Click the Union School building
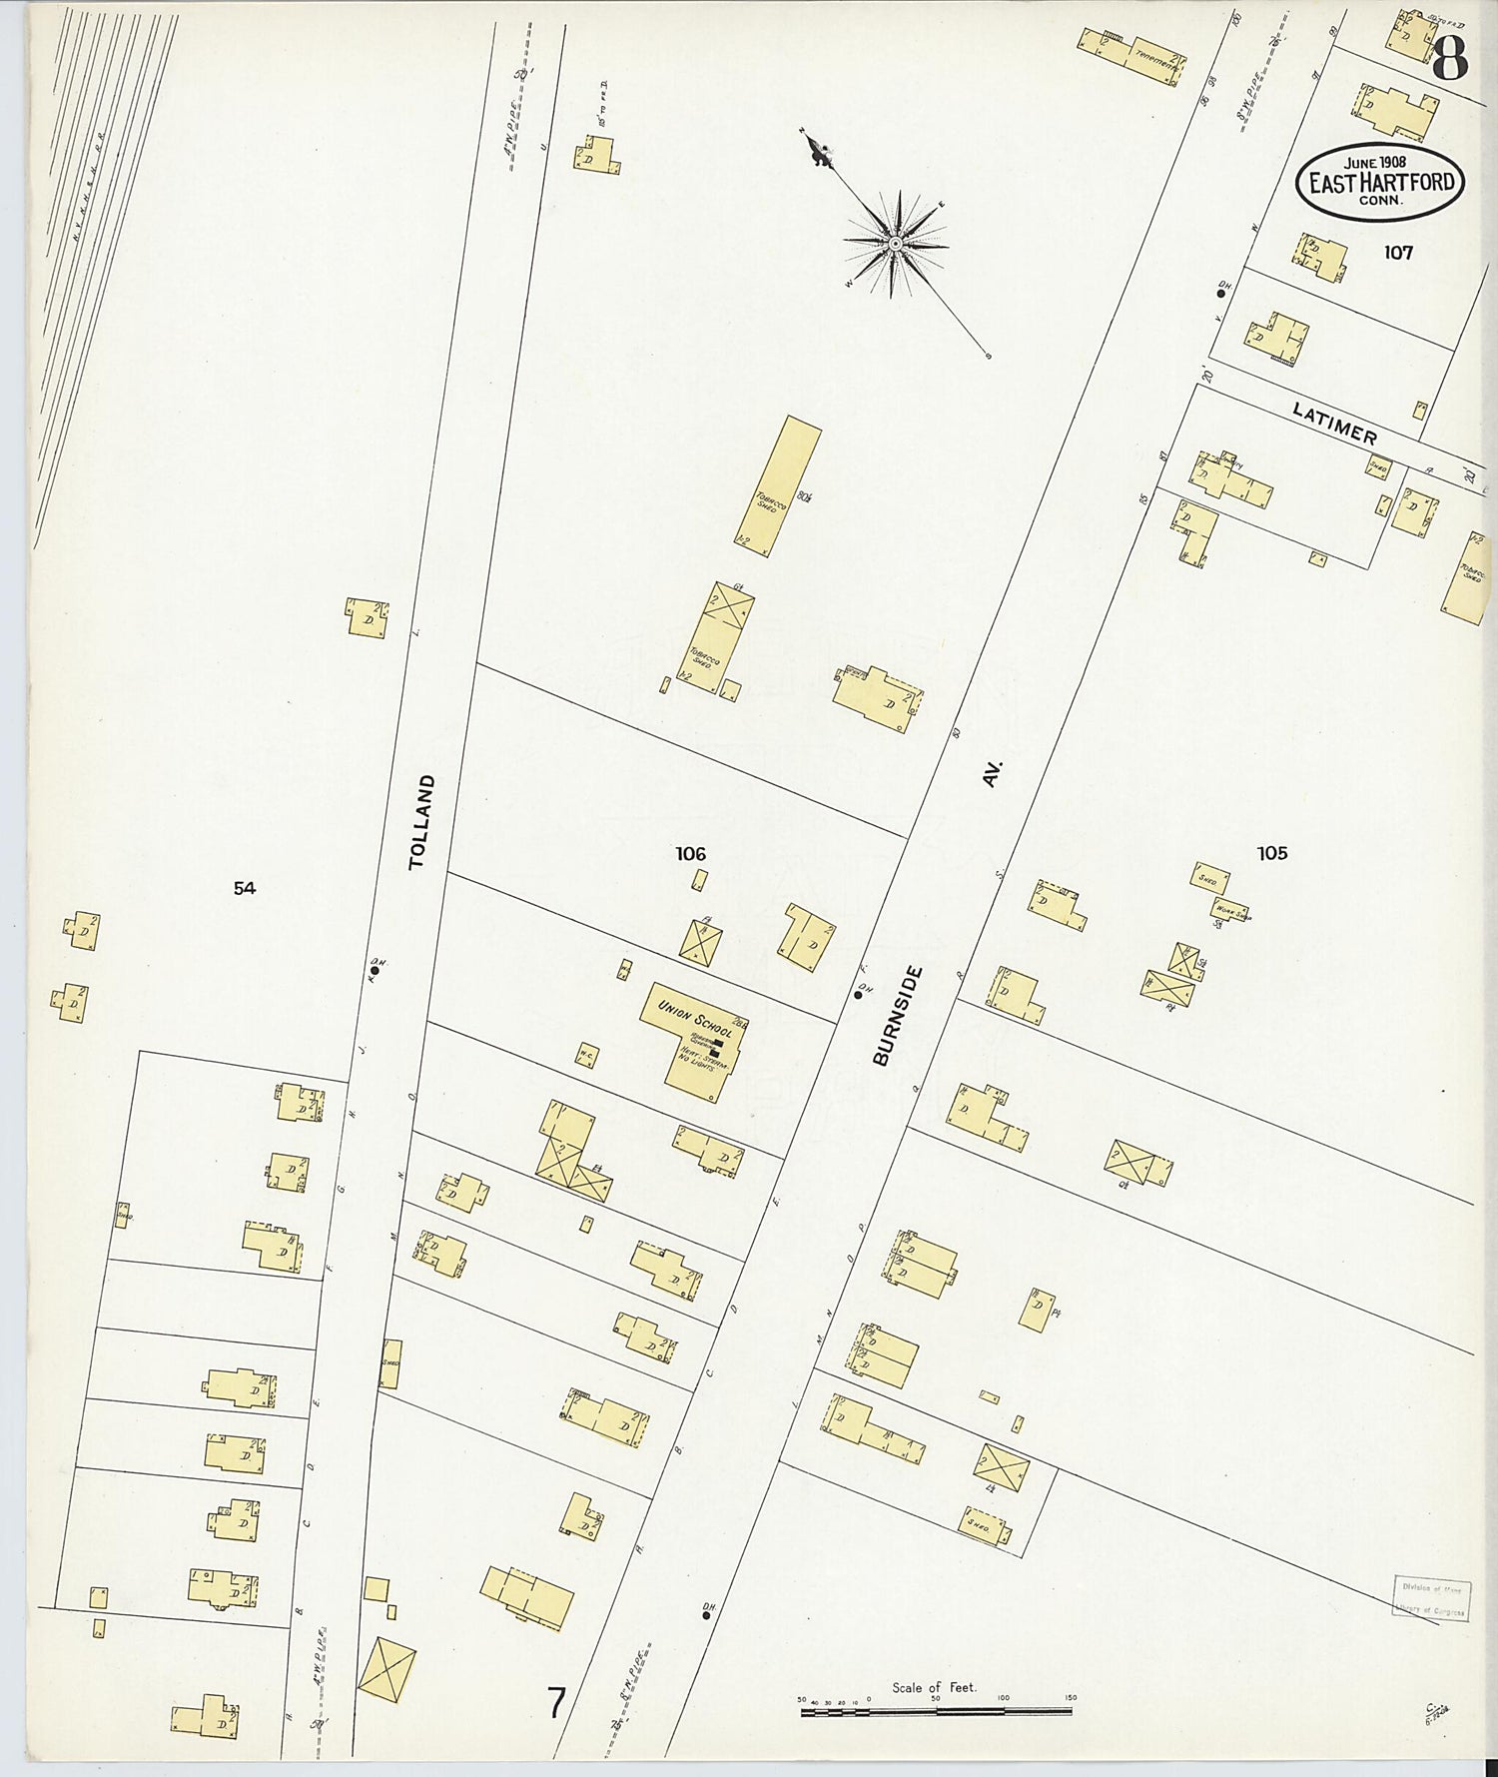(x=695, y=1039)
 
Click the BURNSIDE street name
(x=896, y=1015)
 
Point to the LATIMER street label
(x=1334, y=424)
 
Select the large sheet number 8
(x=1449, y=60)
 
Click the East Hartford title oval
(x=1380, y=183)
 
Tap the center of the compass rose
(x=896, y=243)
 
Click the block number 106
(x=690, y=853)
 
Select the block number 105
(x=1271, y=853)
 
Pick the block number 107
(x=1398, y=253)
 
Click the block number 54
(x=244, y=887)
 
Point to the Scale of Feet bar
(x=936, y=1711)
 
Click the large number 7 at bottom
(x=556, y=1701)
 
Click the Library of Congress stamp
(x=1430, y=1599)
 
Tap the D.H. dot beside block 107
(x=1220, y=294)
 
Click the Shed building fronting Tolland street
(x=390, y=1363)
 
